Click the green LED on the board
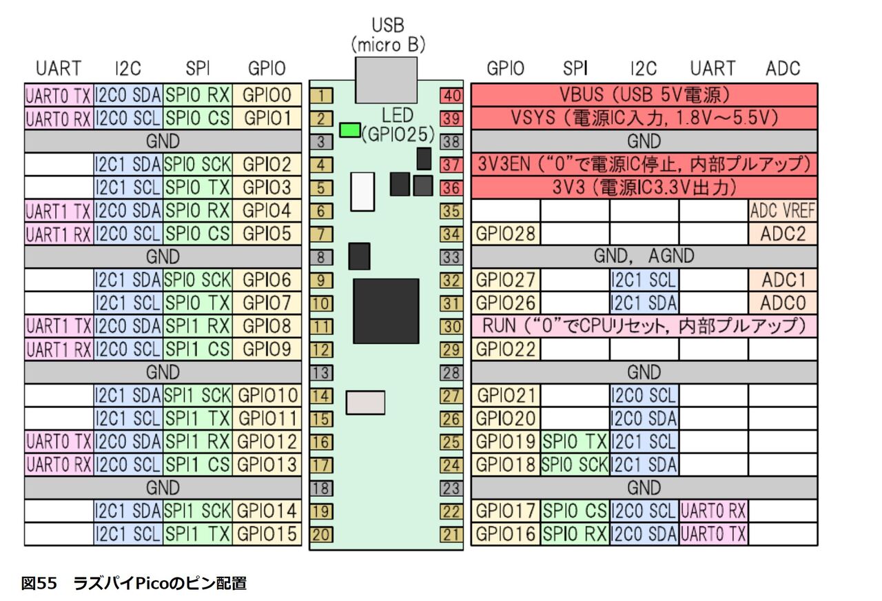[349, 130]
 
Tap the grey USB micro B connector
[386, 80]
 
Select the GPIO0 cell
[267, 95]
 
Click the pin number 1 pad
[321, 96]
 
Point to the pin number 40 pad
[451, 96]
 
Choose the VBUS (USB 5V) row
[644, 95]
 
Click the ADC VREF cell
[783, 211]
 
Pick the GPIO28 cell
[506, 234]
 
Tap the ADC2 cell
[783, 234]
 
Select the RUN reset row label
[644, 326]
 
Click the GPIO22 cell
[506, 349]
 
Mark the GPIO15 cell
[267, 534]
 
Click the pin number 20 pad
[321, 535]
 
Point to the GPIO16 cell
[506, 534]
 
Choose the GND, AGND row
[644, 256]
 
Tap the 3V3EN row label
[644, 164]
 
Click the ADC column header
[783, 68]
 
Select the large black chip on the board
[386, 311]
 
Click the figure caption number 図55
[39, 583]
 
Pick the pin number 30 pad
[451, 327]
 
